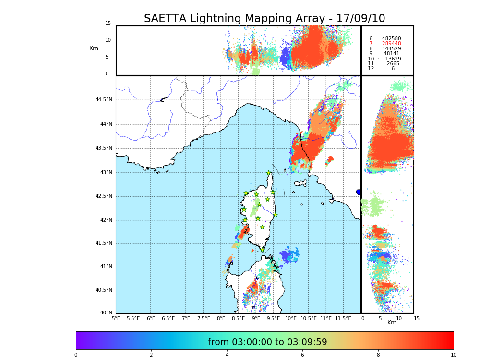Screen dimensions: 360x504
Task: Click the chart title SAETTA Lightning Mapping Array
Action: pos(264,19)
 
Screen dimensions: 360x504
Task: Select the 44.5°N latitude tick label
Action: pos(104,100)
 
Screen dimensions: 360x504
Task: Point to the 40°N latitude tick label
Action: pos(106,313)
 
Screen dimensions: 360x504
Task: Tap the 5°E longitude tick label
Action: pos(116,318)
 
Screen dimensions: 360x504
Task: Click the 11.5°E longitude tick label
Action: pos(343,318)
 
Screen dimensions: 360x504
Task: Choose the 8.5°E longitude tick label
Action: pos(238,318)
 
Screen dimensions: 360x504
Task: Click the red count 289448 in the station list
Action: pos(391,44)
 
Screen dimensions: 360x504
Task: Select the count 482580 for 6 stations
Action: pos(391,38)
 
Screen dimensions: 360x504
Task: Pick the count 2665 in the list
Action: pos(393,63)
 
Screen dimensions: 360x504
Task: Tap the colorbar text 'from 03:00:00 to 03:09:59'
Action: pos(267,342)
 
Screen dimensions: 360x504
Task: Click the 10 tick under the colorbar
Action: pos(453,355)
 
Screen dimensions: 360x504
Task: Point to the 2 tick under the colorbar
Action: pos(151,355)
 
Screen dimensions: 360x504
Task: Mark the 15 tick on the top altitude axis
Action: pos(108,24)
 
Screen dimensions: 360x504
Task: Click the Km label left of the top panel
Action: pos(94,48)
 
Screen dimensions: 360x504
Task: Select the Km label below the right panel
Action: pos(392,323)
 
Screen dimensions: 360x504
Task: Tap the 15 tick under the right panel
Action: pos(417,318)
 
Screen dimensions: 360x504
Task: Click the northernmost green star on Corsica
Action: pos(269,173)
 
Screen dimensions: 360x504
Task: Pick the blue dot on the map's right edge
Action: pos(359,192)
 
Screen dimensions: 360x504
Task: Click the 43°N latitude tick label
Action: pos(106,172)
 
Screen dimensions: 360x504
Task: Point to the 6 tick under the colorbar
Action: pos(302,355)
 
